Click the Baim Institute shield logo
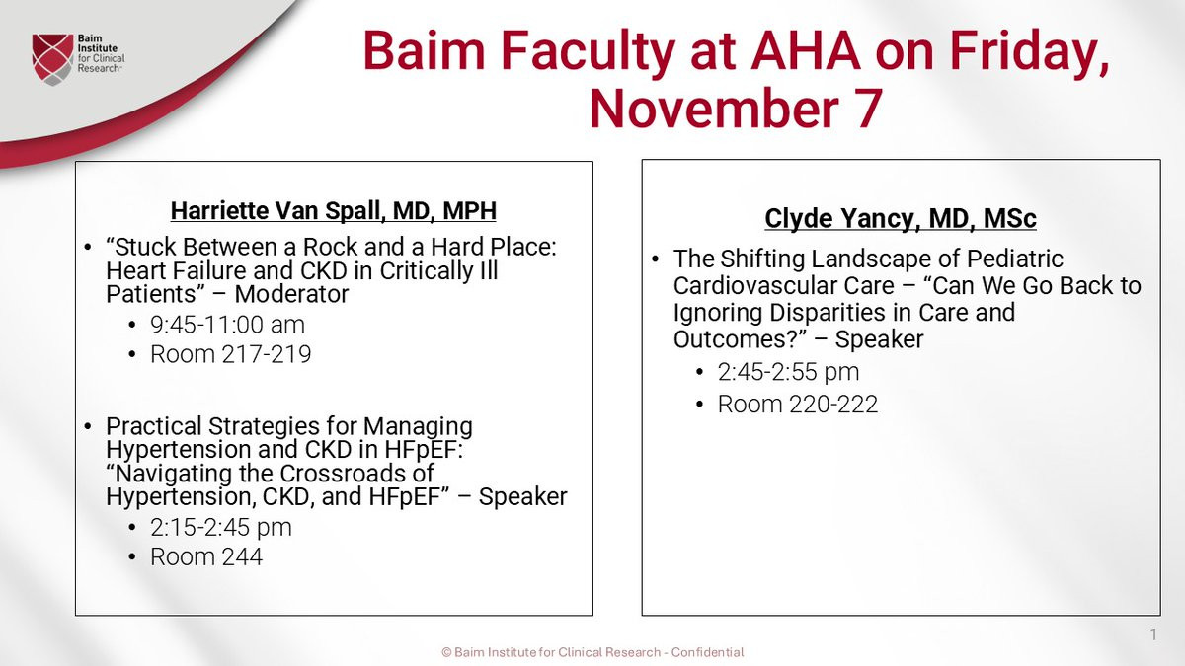(x=52, y=59)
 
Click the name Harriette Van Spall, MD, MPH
(x=334, y=211)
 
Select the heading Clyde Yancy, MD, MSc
(x=901, y=219)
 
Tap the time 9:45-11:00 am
(x=227, y=325)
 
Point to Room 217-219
(x=231, y=354)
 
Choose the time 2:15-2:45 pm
(x=221, y=528)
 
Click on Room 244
(x=206, y=557)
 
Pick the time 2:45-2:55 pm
(x=788, y=372)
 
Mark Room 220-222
(x=798, y=405)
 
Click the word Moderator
(x=291, y=294)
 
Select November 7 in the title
(x=736, y=109)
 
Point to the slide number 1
(x=1153, y=634)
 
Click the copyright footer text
(x=592, y=652)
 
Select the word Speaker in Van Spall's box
(x=522, y=497)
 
